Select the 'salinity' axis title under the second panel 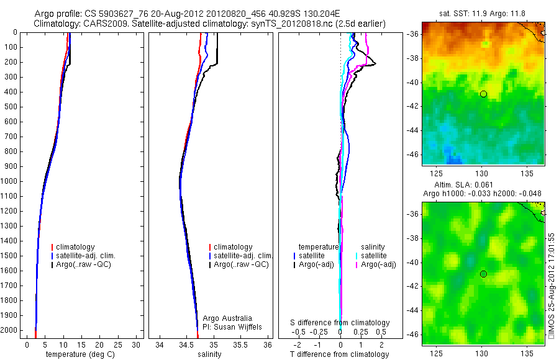pos(209,354)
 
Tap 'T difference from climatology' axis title pos(340,354)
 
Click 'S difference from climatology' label pos(340,323)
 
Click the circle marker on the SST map pos(483,94)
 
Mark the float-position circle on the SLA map pos(483,274)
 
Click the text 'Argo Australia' pos(227,318)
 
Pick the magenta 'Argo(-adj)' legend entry pos(378,264)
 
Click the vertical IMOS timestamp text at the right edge pos(552,286)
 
